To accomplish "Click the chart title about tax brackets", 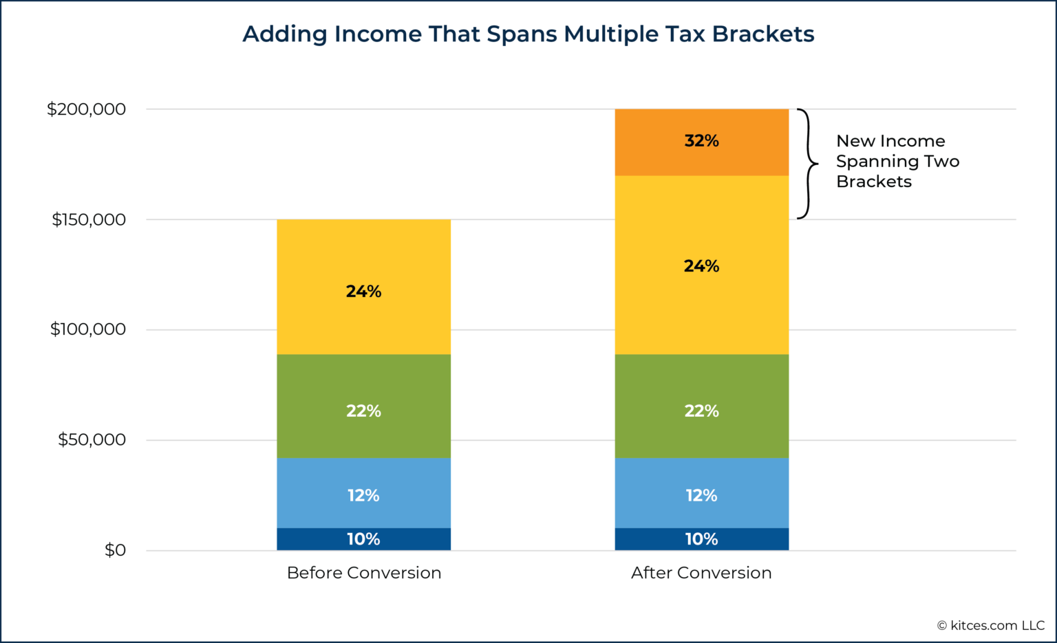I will click(x=528, y=34).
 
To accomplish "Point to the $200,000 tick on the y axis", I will click(x=86, y=109).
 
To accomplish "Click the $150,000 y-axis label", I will click(x=89, y=219).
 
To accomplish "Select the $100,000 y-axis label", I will click(x=88, y=329).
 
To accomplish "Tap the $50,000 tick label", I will click(x=92, y=439).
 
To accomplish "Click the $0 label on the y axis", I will click(x=115, y=550).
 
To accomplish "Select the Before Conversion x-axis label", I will click(x=363, y=573).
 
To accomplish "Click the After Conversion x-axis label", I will click(x=701, y=573).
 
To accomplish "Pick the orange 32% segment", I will click(x=701, y=142).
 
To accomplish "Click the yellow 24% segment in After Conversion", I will click(x=701, y=265).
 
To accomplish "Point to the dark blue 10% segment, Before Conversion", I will click(x=363, y=539).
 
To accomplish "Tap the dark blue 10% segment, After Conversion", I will click(x=701, y=539).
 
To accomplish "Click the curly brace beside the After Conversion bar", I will click(x=807, y=164).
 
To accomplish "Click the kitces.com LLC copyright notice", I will click(x=990, y=625).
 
